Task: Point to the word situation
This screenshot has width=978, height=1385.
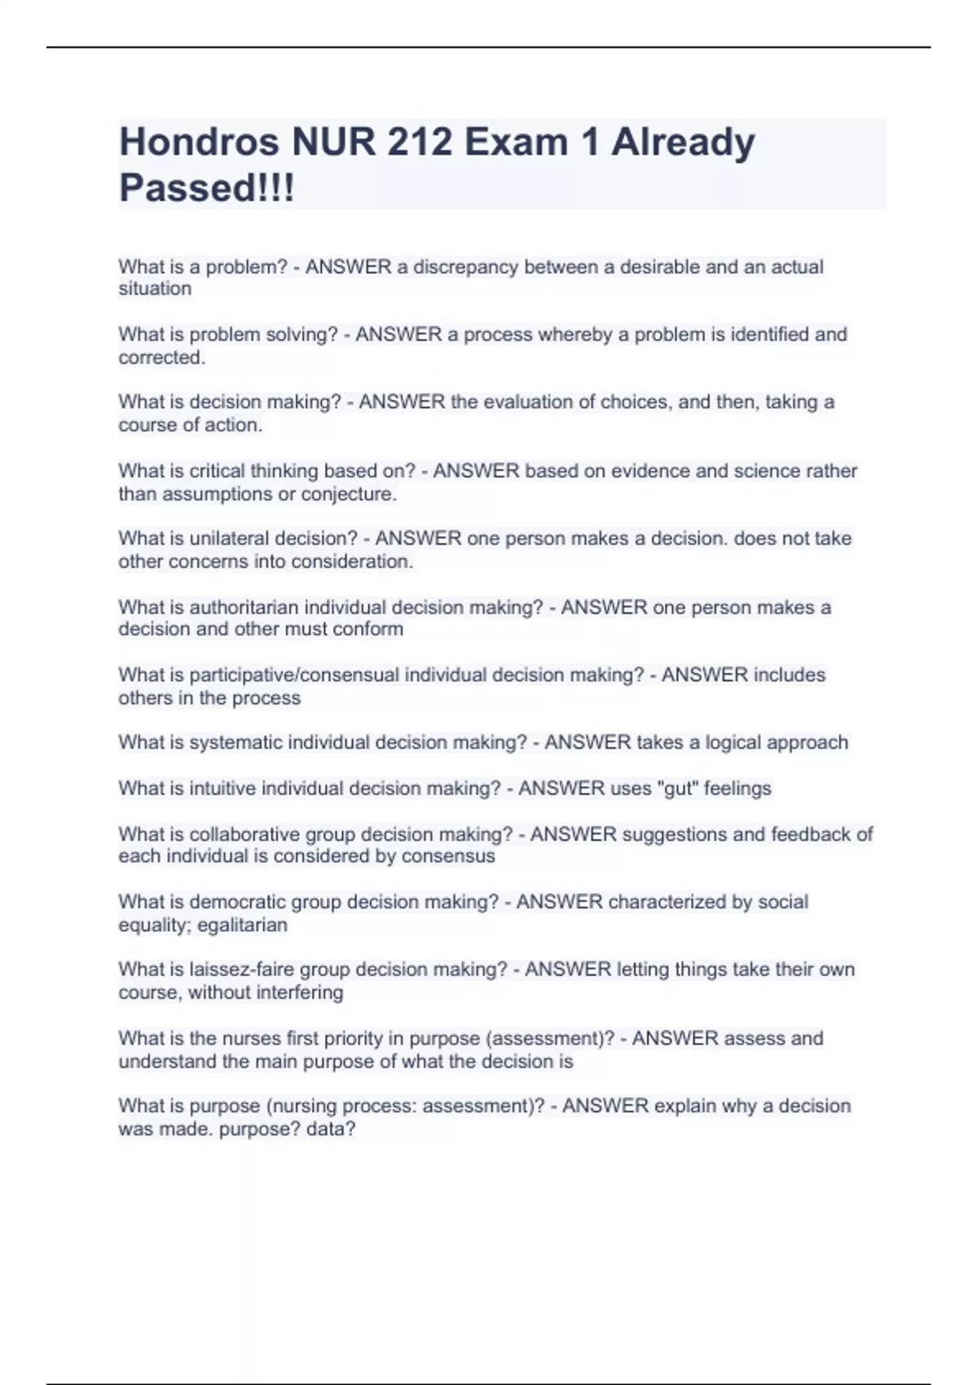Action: (x=155, y=288)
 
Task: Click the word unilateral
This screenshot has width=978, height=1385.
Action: (x=228, y=539)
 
